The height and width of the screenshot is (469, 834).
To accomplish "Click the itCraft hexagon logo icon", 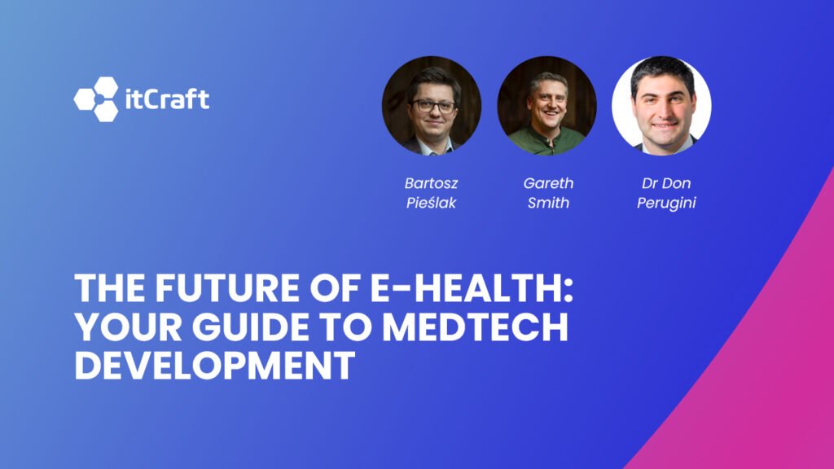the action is pos(96,99).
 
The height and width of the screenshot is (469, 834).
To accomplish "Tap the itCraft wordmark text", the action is pos(167,99).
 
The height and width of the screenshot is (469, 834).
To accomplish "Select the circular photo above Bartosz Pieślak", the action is pos(432,105).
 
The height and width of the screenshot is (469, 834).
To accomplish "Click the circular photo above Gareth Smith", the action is pos(546,105).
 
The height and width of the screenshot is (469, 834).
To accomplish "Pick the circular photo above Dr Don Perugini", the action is pos(661,105).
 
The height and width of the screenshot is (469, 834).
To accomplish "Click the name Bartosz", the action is pos(431,183).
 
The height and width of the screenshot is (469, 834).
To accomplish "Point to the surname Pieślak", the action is pos(431,203).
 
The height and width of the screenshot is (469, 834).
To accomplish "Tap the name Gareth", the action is pos(548,183).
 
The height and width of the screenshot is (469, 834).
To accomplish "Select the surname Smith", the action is pos(548,203).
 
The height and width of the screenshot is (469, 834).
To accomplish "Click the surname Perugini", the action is pos(666,203).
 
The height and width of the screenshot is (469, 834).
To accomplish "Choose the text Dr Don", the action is pos(666,183).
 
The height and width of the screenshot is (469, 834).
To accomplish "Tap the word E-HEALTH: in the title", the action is pos(472,287).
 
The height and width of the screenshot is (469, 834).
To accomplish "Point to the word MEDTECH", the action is pos(475,327).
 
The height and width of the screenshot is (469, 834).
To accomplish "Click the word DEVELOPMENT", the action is pos(214,366).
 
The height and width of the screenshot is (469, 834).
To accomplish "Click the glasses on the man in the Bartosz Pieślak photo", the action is pos(433,106).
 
